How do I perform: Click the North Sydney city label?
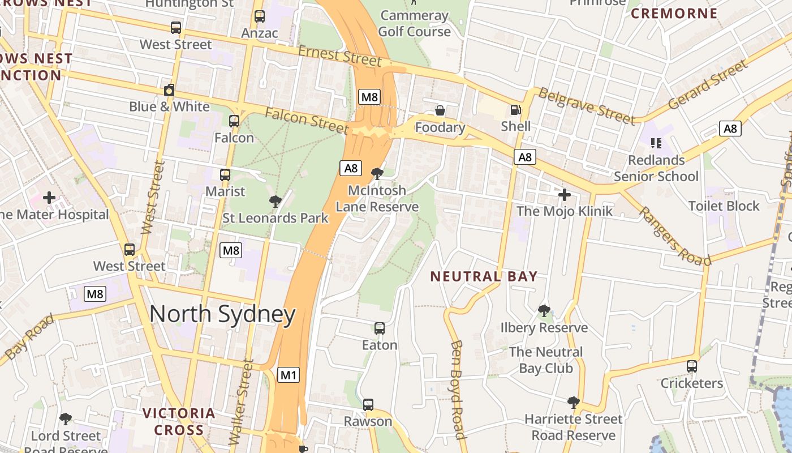222,314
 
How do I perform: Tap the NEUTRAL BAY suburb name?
484,276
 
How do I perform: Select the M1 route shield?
288,374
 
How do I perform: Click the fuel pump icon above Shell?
515,110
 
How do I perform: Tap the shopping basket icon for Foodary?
440,110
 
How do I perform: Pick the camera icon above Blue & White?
169,90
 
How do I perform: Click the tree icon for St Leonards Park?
275,201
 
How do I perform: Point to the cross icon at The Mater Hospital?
49,197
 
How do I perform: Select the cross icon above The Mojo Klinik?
564,195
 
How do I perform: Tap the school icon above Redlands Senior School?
656,143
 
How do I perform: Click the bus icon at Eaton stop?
379,328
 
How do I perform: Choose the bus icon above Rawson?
368,404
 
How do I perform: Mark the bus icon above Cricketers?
691,366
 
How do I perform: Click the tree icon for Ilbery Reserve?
544,310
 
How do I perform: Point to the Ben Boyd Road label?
458,390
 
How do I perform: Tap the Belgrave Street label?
586,105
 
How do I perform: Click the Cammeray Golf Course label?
414,23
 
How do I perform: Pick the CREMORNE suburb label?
674,13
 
